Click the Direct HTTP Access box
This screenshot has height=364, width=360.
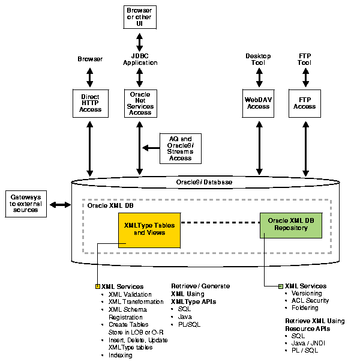90,103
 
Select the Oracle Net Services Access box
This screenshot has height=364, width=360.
140,103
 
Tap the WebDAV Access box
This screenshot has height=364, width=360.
259,103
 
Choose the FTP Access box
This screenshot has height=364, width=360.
304,103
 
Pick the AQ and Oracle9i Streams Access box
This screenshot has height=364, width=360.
180,148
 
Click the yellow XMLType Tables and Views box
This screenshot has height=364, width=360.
144,229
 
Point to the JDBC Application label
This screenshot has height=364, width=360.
140,59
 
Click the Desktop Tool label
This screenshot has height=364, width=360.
259,59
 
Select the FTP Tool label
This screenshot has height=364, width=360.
304,59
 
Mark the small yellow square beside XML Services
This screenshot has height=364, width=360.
98,287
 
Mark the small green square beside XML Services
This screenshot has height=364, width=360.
281,287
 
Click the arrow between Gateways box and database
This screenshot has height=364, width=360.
60,205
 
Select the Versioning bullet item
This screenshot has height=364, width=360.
306,293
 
